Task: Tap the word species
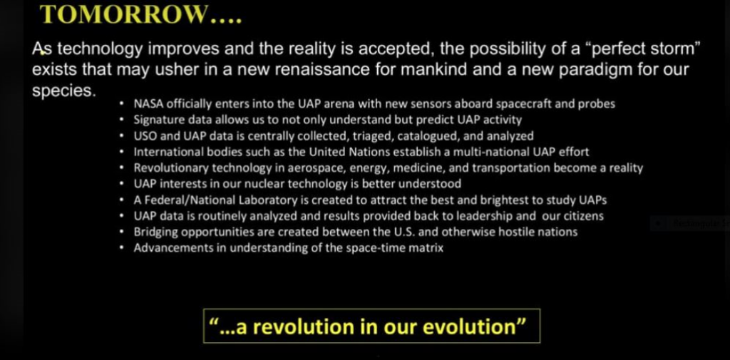(63, 91)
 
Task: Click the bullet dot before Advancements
(122, 248)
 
